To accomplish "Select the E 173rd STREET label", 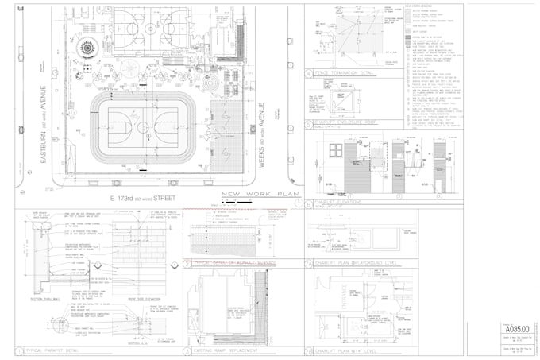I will pos(142,196).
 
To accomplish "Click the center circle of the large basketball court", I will pos(141,126).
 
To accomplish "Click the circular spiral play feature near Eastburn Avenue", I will pos(85,48).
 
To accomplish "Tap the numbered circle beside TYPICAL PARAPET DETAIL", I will pos(19,350).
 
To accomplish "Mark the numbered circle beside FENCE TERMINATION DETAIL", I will pos(309,73).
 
